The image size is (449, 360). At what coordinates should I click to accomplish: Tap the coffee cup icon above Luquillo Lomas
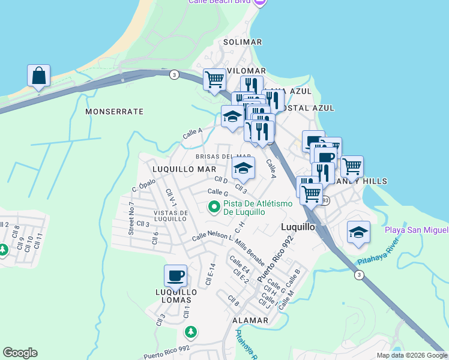click(x=175, y=276)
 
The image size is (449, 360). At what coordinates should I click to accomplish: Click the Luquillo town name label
click(x=298, y=227)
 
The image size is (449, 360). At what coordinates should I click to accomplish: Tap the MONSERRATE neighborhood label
click(x=114, y=112)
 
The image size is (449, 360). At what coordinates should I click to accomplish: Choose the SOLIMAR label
click(x=243, y=42)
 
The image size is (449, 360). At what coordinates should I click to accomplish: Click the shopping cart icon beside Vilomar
click(x=214, y=79)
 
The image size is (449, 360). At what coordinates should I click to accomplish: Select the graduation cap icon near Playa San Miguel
click(x=358, y=232)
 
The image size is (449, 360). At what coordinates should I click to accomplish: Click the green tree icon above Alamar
click(x=190, y=331)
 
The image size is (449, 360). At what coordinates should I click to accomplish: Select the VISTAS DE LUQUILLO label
click(x=174, y=216)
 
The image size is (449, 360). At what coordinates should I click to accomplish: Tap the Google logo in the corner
click(x=20, y=353)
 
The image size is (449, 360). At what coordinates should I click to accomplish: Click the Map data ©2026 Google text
click(x=411, y=355)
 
